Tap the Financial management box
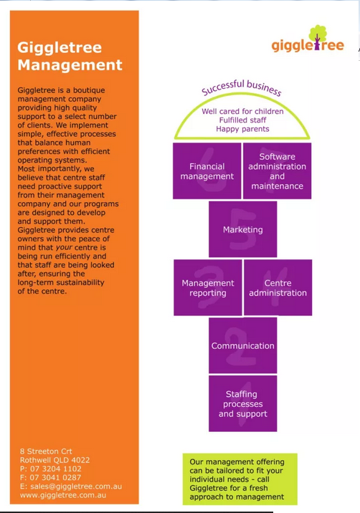click(207, 171)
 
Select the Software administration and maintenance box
click(277, 171)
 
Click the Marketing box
click(242, 229)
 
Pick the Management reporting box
click(208, 287)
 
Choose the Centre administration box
click(278, 287)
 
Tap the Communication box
click(242, 345)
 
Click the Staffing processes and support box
click(242, 403)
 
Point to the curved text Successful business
click(242, 87)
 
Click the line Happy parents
click(242, 129)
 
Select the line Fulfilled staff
click(242, 120)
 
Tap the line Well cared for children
click(242, 111)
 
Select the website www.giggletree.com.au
click(63, 495)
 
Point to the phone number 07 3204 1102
click(56, 469)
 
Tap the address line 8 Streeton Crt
click(46, 451)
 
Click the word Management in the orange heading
click(70, 65)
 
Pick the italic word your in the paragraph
click(64, 248)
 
